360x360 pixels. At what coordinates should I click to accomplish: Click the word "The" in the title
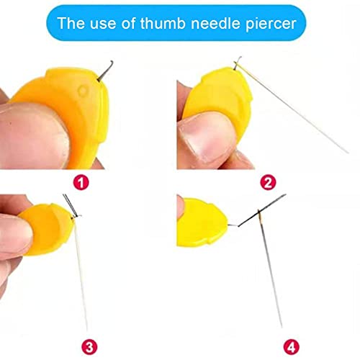71,23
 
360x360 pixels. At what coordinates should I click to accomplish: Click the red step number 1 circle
81,183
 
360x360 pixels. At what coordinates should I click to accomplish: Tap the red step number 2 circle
268,182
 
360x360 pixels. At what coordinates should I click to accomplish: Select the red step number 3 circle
89,347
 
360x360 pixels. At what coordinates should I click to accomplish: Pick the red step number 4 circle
292,347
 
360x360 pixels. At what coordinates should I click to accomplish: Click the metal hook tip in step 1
112,62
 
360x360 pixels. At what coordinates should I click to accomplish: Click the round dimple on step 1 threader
83,91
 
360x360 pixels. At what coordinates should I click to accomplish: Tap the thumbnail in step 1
34,135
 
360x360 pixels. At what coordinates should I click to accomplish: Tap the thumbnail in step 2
206,139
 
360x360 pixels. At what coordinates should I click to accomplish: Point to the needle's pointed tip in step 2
348,153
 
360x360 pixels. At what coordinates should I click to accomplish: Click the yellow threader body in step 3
48,228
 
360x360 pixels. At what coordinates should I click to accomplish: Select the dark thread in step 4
262,210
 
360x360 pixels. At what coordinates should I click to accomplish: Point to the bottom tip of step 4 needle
282,326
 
